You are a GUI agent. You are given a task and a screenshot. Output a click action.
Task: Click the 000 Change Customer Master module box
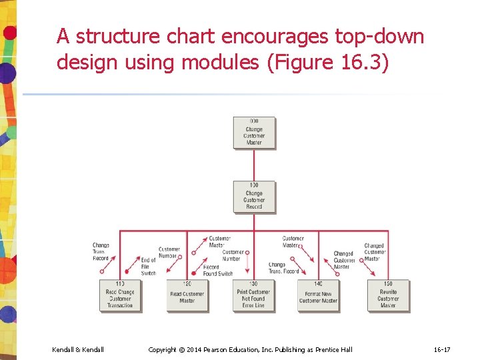click(254, 133)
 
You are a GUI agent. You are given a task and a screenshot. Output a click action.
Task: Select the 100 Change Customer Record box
click(254, 196)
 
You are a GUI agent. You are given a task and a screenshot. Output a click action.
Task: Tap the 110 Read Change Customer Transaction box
click(120, 295)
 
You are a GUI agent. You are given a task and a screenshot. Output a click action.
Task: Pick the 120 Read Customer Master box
click(187, 295)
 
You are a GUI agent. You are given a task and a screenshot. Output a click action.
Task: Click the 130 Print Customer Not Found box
click(254, 295)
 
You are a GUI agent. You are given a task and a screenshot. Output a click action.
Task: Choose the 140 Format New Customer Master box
click(319, 295)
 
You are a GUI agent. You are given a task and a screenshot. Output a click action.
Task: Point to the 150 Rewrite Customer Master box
click(388, 295)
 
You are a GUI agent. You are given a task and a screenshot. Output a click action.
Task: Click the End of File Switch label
click(149, 267)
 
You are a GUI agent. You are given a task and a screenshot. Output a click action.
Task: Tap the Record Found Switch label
click(218, 271)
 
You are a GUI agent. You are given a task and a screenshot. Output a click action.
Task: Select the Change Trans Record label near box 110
click(101, 252)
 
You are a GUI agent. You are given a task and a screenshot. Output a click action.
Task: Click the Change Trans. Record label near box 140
click(284, 268)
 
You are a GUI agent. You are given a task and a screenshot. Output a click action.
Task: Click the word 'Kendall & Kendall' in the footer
click(78, 349)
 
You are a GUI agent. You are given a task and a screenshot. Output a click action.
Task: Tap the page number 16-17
click(442, 349)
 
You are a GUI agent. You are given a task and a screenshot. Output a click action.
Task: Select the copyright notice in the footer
click(250, 349)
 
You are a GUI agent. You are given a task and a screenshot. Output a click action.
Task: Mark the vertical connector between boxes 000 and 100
click(254, 164)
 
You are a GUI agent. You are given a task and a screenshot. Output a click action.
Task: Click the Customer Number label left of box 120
click(169, 253)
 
